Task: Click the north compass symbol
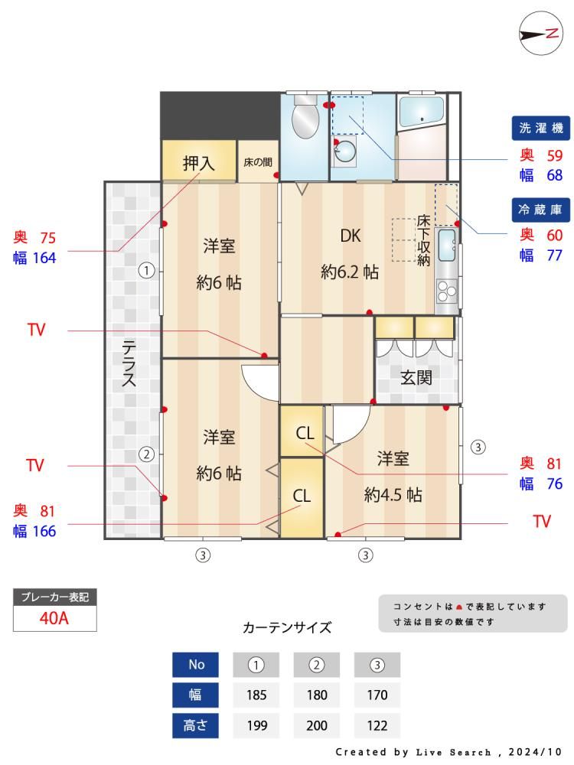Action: [541, 33]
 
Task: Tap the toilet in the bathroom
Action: [305, 116]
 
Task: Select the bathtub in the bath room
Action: [421, 112]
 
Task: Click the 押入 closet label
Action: [199, 163]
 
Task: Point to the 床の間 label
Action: [258, 162]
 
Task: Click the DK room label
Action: [351, 236]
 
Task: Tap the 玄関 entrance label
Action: [416, 377]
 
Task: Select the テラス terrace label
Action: [129, 363]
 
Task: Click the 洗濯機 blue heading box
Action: [541, 129]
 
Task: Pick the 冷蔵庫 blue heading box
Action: [540, 210]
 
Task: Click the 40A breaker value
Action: [54, 618]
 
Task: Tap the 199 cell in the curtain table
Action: [256, 725]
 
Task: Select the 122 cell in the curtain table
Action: [377, 725]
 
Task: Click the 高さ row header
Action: [195, 725]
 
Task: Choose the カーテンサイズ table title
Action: [287, 627]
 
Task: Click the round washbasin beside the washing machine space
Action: [346, 151]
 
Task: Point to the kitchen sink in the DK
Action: [447, 245]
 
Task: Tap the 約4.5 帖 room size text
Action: [393, 495]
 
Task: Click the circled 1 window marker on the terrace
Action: [146, 270]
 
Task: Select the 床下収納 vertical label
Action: [423, 240]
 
